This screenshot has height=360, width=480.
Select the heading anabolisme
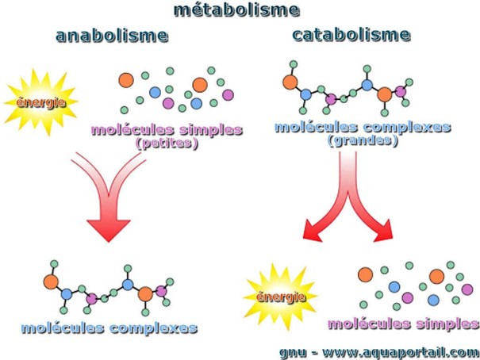point(112,36)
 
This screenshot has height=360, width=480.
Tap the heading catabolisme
point(351,35)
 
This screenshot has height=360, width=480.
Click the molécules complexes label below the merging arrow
point(109,327)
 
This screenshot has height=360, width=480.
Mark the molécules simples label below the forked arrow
point(403,324)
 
